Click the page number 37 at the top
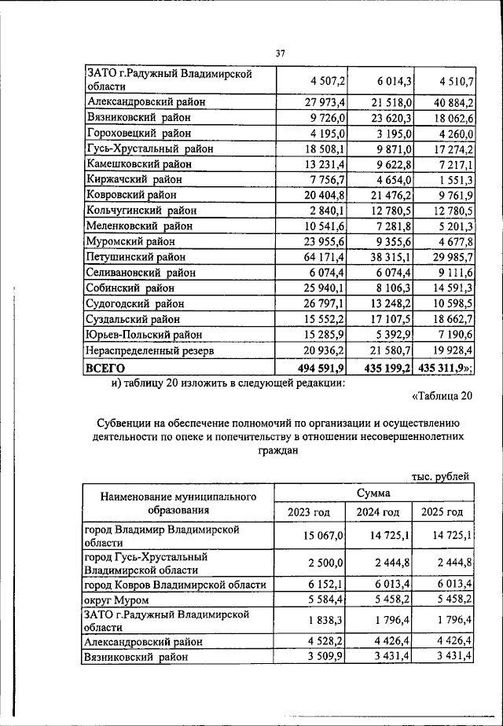pyautogui.click(x=280, y=53)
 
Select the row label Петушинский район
pyautogui.click(x=136, y=257)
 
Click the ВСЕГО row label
pyautogui.click(x=106, y=367)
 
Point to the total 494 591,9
pyautogui.click(x=320, y=367)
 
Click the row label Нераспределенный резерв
pyautogui.click(x=151, y=350)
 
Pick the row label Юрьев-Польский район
pyautogui.click(x=144, y=335)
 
